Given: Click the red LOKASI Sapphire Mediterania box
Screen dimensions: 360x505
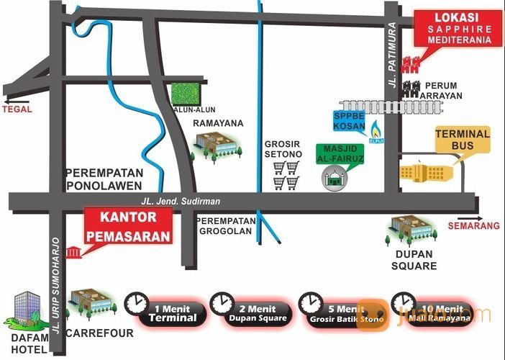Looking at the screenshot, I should pos(458,29).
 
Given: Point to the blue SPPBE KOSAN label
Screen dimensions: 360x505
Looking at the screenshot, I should pos(350,120).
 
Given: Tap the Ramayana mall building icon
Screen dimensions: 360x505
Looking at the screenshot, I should pos(214,148).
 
